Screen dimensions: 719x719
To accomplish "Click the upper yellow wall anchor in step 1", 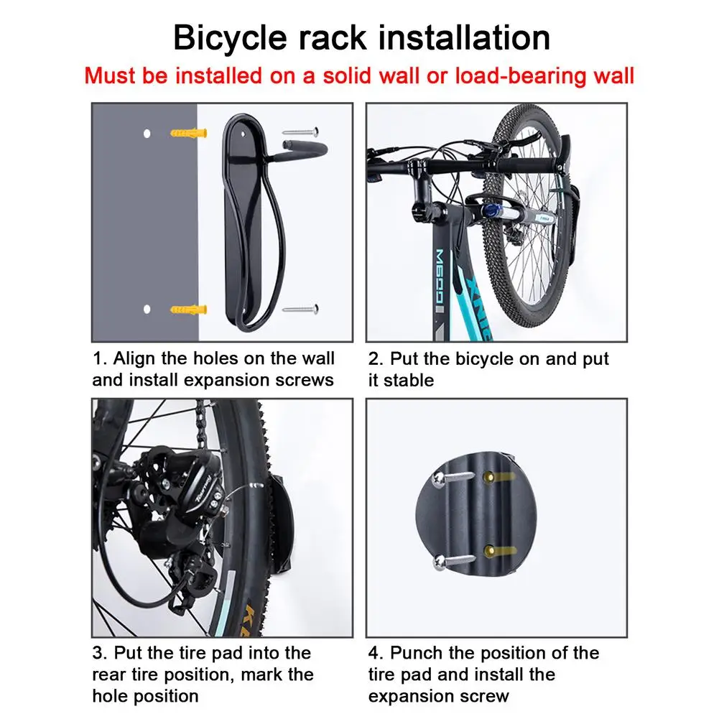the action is [x=188, y=133].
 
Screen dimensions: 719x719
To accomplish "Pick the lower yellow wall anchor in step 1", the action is [x=188, y=310].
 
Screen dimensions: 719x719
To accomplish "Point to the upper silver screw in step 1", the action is [x=301, y=131].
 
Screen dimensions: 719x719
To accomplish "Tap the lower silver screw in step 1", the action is [x=301, y=310].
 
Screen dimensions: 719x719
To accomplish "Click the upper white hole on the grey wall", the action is [x=147, y=134].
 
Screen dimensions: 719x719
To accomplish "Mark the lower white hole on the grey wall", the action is [x=147, y=309].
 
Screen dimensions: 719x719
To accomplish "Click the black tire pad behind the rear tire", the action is [x=280, y=523].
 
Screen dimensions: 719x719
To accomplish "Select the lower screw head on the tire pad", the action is [x=440, y=561].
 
